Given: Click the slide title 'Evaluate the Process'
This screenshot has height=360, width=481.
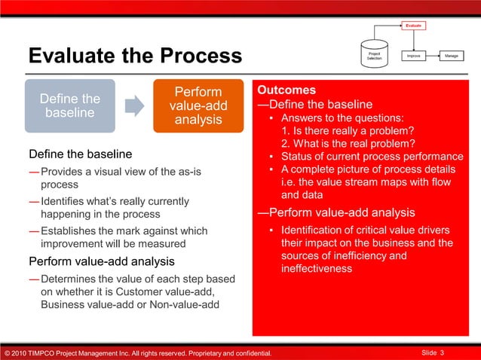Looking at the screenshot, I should [135, 56].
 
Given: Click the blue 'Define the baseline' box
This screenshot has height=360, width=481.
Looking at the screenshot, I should [69, 105].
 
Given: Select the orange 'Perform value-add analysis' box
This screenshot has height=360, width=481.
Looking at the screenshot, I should [199, 105].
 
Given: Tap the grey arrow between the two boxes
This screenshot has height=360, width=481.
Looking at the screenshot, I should [134, 105].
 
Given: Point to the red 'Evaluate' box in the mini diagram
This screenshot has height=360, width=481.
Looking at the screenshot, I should [413, 26].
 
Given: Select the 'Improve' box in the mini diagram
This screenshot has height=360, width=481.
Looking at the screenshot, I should [413, 56].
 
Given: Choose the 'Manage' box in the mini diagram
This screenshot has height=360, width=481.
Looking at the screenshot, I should [452, 56].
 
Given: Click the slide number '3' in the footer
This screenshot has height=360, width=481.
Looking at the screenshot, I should [442, 352].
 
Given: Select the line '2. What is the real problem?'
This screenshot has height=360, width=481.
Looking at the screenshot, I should [348, 144].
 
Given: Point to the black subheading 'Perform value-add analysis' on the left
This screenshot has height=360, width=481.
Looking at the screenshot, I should [101, 261].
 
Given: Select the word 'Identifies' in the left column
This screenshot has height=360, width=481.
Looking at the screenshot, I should [66, 201].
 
